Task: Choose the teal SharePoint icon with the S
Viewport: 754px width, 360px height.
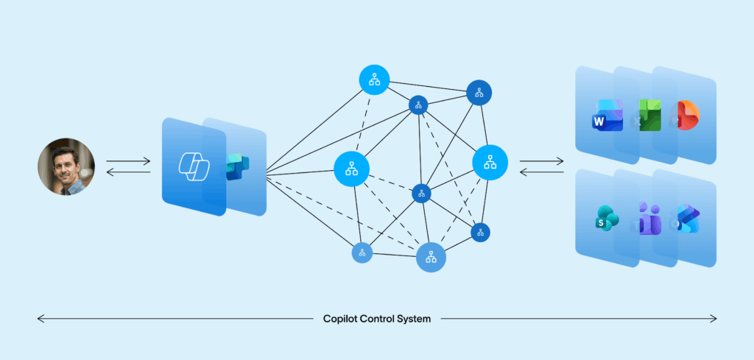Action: (607, 219)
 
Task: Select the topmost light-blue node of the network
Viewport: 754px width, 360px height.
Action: (374, 80)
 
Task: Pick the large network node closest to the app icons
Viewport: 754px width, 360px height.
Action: (490, 162)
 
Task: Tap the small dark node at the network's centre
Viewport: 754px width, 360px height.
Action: (421, 194)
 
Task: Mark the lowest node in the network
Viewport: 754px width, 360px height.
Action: (431, 257)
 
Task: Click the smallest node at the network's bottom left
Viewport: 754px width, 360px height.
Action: (362, 253)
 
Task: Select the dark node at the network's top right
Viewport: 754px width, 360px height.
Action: (479, 93)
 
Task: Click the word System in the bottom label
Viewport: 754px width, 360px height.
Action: (415, 319)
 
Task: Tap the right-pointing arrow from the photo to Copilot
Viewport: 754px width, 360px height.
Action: (128, 160)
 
